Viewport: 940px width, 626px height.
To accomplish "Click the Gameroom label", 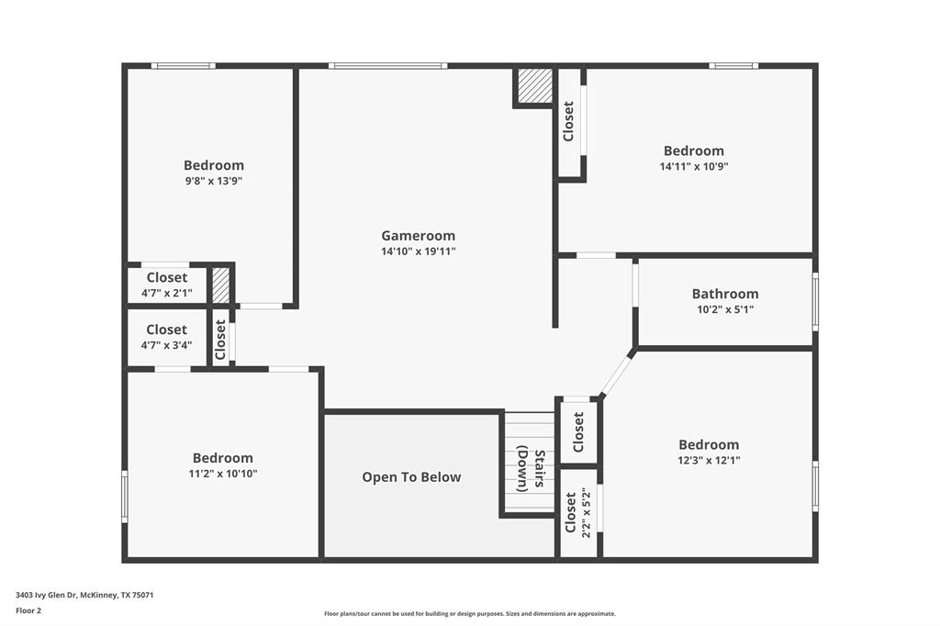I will tap(418, 236).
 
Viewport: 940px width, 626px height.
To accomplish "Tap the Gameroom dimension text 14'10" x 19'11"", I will tap(418, 252).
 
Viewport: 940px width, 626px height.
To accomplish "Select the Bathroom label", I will tap(725, 294).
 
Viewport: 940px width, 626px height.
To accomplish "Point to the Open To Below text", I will tap(411, 477).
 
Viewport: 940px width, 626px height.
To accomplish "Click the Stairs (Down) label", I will tap(531, 470).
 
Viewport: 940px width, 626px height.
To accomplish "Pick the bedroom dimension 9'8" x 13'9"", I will tap(213, 181).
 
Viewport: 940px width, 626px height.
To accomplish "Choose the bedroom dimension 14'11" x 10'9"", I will tap(693, 167).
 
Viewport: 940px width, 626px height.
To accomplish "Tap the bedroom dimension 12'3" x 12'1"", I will tap(708, 460).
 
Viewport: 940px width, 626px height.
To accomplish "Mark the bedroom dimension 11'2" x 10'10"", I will tap(222, 474).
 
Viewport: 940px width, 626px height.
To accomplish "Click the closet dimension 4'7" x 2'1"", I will tap(166, 293).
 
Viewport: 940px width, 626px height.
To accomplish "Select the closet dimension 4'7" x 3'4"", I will tap(166, 345).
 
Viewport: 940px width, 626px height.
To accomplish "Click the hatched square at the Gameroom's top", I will tap(534, 86).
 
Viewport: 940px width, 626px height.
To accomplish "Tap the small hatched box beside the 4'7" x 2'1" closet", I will tap(221, 285).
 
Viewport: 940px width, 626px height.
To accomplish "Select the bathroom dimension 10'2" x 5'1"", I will tap(725, 309).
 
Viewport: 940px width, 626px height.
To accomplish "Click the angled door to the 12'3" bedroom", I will tap(617, 374).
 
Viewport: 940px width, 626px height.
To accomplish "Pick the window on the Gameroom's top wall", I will tap(387, 66).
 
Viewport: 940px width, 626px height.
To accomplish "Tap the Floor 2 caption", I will tap(28, 609).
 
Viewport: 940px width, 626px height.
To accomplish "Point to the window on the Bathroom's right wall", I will tap(814, 301).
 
